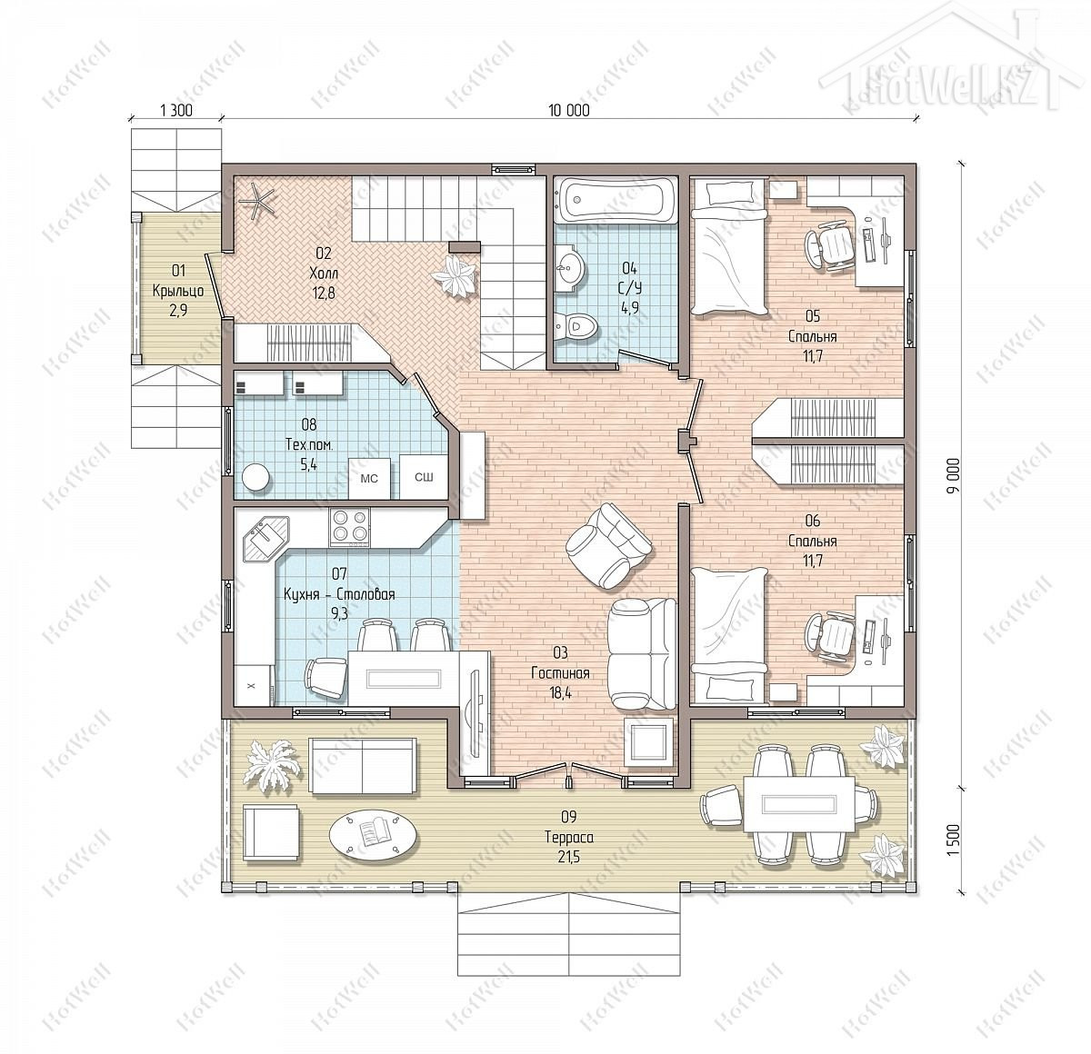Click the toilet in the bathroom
pos(576,327)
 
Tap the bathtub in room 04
pos(616,200)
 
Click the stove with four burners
pos(350,527)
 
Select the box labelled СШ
pos(424,477)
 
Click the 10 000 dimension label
pos(568,110)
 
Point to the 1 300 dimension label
pos(176,110)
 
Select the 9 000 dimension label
pos(954,476)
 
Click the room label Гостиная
pos(560,673)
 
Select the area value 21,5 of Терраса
pos(569,857)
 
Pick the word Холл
pos(324,273)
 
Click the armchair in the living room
pos(609,546)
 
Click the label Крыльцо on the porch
pos(178,291)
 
